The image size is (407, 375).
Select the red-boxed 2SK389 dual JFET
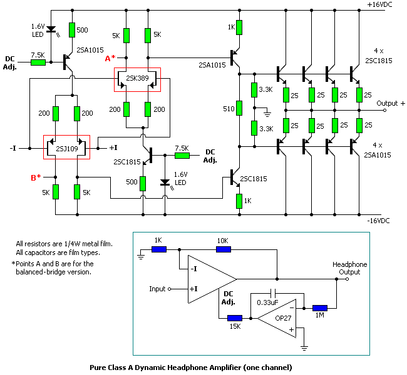click(x=137, y=79)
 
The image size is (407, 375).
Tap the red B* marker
click(x=37, y=177)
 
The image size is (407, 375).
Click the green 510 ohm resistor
click(x=239, y=109)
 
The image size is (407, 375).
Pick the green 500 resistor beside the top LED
click(x=72, y=29)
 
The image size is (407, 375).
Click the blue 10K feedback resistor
click(x=224, y=249)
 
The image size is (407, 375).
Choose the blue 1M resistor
click(x=319, y=307)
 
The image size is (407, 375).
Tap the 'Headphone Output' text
click(x=349, y=268)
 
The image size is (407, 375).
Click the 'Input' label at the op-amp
click(x=157, y=289)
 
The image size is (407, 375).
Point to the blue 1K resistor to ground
click(x=159, y=249)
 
